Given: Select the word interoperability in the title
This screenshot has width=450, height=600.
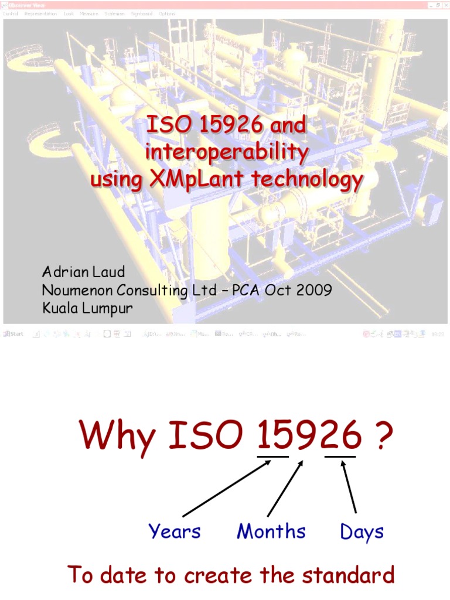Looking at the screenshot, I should pyautogui.click(x=226, y=153).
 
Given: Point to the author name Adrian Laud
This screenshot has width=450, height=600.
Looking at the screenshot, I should pyautogui.click(x=83, y=272).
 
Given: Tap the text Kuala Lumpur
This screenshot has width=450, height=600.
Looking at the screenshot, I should pyautogui.click(x=87, y=308).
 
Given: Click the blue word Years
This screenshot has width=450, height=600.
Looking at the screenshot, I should pyautogui.click(x=175, y=531).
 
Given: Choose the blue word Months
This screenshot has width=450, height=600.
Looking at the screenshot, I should pyautogui.click(x=271, y=531).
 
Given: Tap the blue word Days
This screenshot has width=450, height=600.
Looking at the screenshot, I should pyautogui.click(x=362, y=532).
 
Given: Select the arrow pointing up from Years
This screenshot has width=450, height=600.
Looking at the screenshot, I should pyautogui.click(x=227, y=487).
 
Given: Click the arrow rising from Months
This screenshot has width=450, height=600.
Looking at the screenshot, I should pyautogui.click(x=285, y=487).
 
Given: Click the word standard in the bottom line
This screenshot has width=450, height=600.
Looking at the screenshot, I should pyautogui.click(x=352, y=575).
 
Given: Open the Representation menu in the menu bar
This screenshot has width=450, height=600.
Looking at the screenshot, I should pyautogui.click(x=40, y=13).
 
